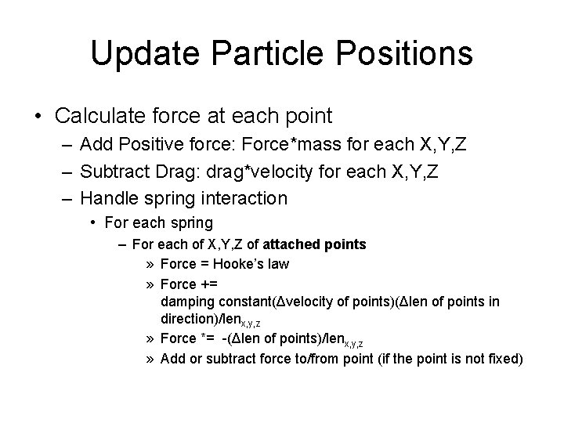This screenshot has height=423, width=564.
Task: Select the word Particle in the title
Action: coord(258,53)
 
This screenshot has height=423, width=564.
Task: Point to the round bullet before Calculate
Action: coord(38,117)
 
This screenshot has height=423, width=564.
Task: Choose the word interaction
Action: coord(244,197)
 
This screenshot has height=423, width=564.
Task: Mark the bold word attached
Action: coord(294,244)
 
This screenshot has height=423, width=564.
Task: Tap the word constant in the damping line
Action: coord(244,302)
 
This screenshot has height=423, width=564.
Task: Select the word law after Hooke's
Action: coord(278,264)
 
